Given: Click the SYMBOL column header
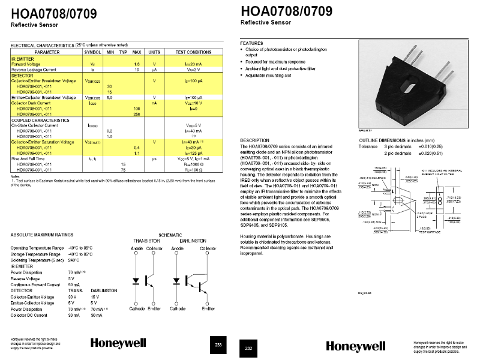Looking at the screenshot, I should coord(92,52).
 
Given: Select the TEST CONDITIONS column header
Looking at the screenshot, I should coord(193,52).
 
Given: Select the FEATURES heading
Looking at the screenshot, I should coord(251,44).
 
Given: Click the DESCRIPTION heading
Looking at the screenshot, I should coord(254,140).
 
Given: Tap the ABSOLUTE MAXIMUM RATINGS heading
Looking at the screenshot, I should coord(42,235).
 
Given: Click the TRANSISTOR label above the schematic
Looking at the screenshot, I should coord(147,240).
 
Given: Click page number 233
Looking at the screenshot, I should coord(218,344).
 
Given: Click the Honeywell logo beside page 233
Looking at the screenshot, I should coord(118,343).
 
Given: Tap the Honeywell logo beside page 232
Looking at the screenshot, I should coord(356,346).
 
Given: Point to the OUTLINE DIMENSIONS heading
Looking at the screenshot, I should coord(382,140).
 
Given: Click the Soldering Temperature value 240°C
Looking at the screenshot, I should coord(74,260).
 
